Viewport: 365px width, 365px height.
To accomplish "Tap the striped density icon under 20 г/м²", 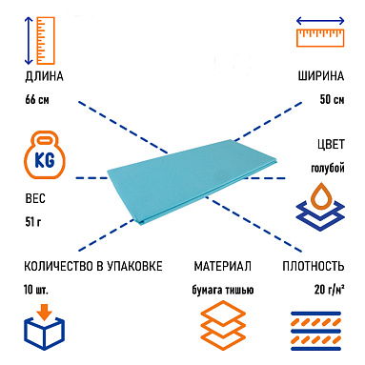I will click(316, 331).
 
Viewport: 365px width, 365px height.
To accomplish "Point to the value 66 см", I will click(37, 99).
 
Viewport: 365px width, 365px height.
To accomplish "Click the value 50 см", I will click(330, 99).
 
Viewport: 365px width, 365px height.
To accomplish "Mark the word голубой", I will click(326, 168).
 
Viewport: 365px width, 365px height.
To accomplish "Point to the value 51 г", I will click(32, 223).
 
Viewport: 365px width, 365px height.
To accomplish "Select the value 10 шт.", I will click(35, 288).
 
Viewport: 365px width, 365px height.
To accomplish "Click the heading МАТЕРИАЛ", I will click(222, 266).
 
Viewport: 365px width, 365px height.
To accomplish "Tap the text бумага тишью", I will click(223, 288).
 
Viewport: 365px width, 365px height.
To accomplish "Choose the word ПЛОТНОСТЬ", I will click(319, 266).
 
